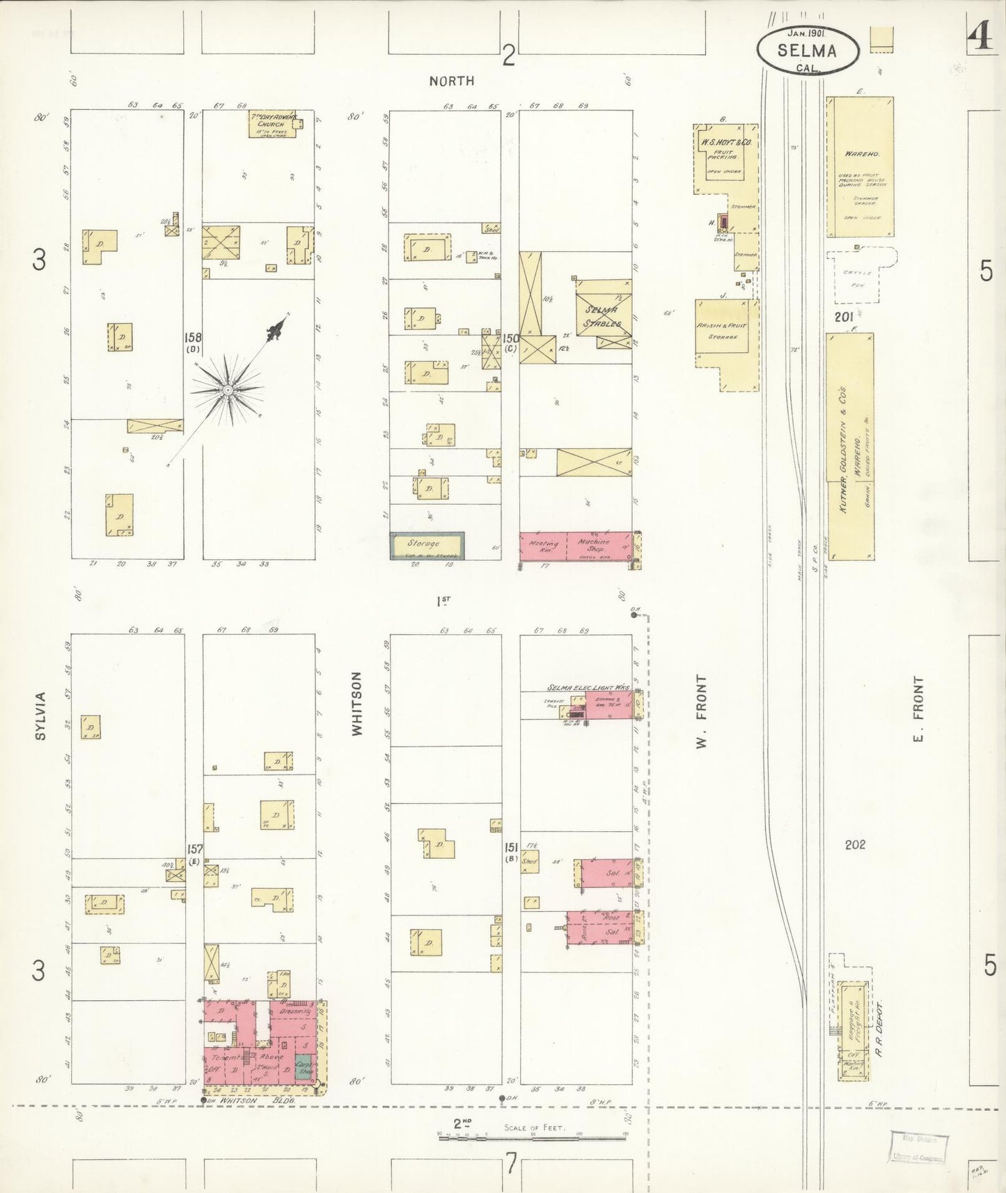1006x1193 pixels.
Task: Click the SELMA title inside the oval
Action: tap(807, 50)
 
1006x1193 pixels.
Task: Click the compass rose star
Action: tap(228, 390)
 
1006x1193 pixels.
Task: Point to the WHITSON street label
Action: tap(357, 704)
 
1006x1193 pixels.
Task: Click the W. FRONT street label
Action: tap(701, 711)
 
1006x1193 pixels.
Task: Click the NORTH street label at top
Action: tap(452, 81)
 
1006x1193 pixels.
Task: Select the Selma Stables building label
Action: tap(603, 315)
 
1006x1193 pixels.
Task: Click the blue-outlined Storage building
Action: tap(427, 545)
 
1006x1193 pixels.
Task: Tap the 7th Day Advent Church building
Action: tap(273, 124)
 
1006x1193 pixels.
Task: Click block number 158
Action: tap(192, 338)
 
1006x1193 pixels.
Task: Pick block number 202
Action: tap(855, 844)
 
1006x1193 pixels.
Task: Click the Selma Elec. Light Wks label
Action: tap(588, 688)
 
